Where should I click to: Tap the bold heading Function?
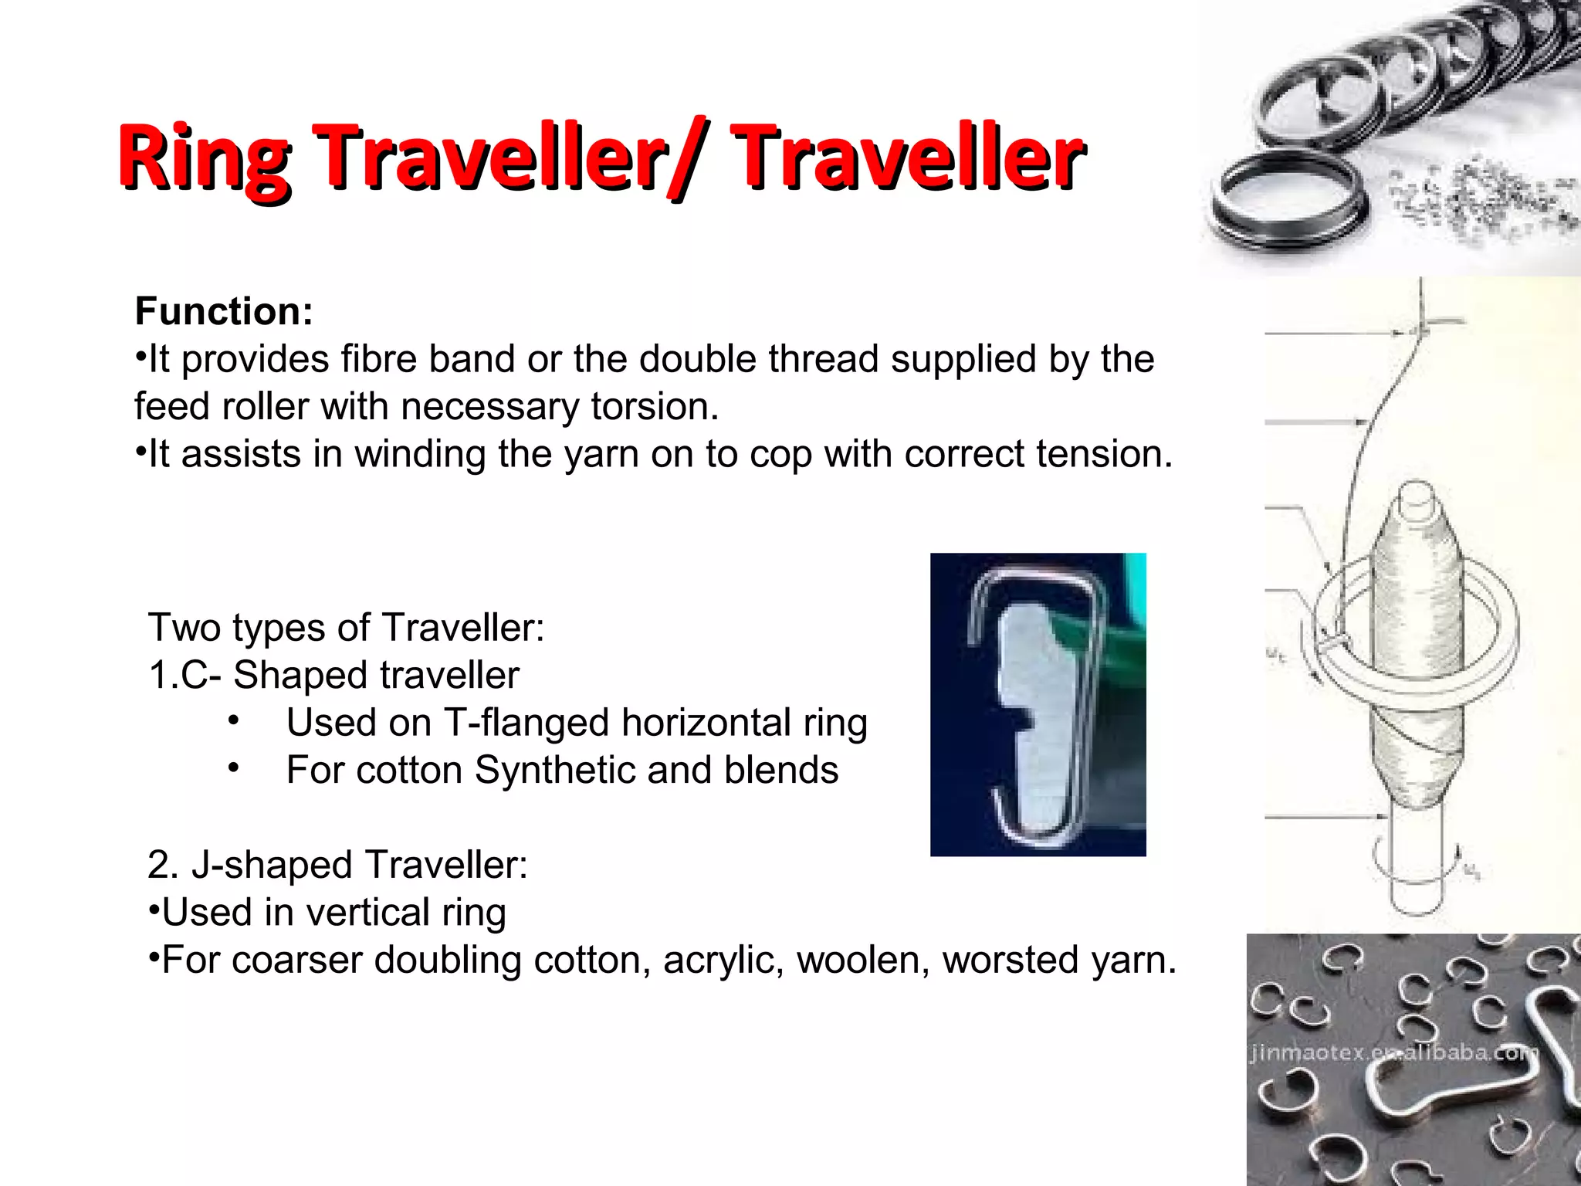tap(224, 311)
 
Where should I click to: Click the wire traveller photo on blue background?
tap(1038, 704)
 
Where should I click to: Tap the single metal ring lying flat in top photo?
tap(1288, 204)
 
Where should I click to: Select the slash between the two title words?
tap(692, 158)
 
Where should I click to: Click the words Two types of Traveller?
tap(347, 627)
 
